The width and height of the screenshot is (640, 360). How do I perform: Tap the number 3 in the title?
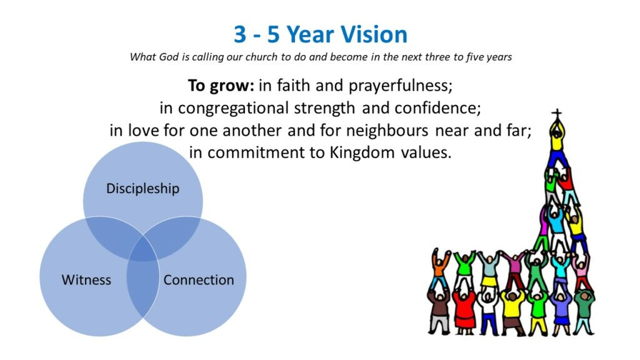pyautogui.click(x=240, y=34)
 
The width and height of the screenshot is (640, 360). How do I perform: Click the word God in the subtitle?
pyautogui.click(x=169, y=57)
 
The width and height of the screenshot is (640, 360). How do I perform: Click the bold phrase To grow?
pyautogui.click(x=221, y=86)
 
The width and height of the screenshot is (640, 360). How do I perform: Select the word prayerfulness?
pyautogui.click(x=401, y=86)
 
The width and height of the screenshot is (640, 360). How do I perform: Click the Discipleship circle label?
pyautogui.click(x=143, y=189)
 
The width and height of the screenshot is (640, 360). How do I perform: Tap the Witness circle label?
pyautogui.click(x=86, y=279)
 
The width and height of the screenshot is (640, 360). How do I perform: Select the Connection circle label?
pyautogui.click(x=199, y=279)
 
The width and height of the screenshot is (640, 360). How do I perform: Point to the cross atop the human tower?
pyautogui.click(x=556, y=114)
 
